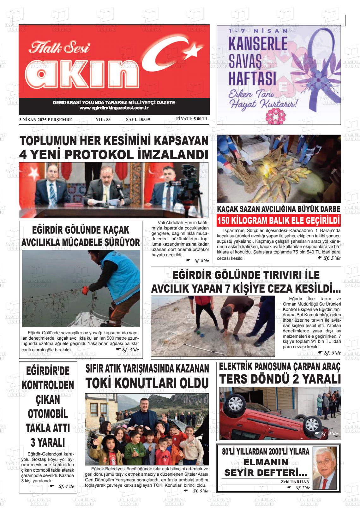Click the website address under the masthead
click(114, 108)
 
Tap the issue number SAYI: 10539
click(138, 120)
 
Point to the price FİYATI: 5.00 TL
click(192, 119)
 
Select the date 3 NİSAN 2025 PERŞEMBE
click(45, 120)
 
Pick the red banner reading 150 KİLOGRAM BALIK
click(279, 220)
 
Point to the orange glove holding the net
click(86, 289)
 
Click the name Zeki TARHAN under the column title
click(295, 482)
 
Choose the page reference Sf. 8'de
click(201, 260)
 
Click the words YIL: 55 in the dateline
click(103, 120)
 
